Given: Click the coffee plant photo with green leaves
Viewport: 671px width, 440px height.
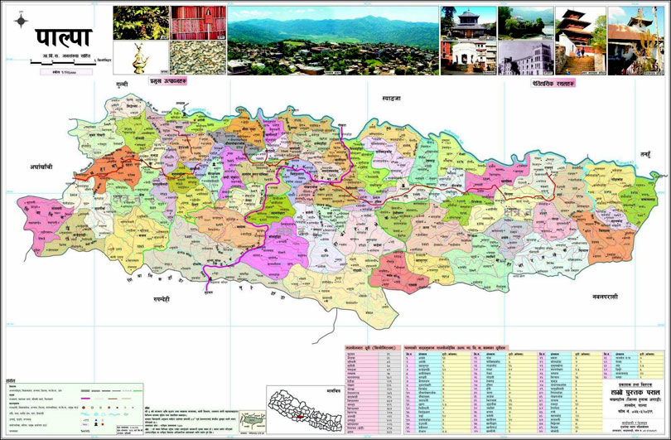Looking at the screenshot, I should pyautogui.click(x=140, y=22).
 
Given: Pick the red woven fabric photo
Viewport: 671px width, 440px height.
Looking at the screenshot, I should pyautogui.click(x=197, y=22).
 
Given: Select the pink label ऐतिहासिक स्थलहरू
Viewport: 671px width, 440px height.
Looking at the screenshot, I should pyautogui.click(x=554, y=84).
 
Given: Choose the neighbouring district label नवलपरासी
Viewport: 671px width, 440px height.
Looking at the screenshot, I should pyautogui.click(x=610, y=296).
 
